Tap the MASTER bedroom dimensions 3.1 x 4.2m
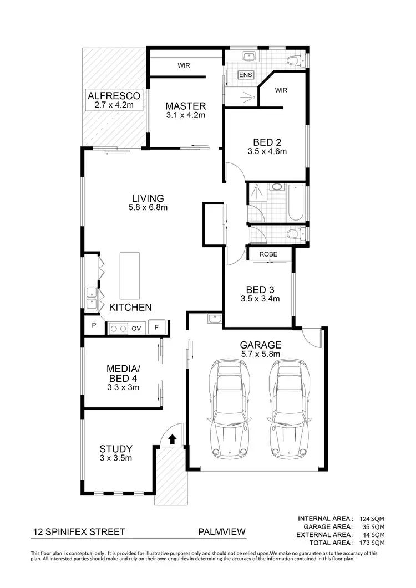click(186, 116)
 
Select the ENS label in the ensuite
click(245, 75)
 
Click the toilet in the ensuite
click(292, 60)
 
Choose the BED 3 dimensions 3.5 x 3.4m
click(260, 299)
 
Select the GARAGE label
click(260, 344)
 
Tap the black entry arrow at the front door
click(172, 439)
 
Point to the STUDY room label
click(116, 449)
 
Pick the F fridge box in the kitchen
click(157, 328)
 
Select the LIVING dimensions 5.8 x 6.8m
click(148, 208)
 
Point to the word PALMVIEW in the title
click(221, 532)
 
